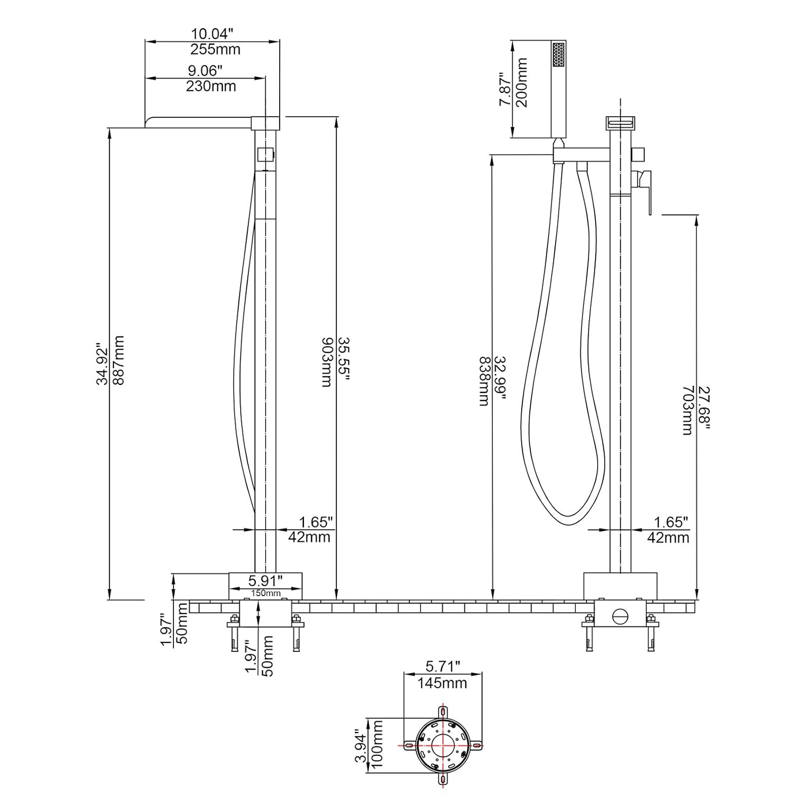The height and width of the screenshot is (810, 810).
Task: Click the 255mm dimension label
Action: [x=215, y=50]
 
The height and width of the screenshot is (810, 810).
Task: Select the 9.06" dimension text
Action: [x=205, y=71]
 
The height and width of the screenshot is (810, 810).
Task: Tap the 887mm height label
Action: [x=119, y=360]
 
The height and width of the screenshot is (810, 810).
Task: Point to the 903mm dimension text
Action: [x=328, y=362]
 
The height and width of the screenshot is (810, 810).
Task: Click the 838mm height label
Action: [x=484, y=381]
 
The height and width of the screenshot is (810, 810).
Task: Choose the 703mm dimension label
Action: [x=687, y=410]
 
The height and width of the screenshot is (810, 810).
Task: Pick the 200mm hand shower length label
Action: [x=522, y=83]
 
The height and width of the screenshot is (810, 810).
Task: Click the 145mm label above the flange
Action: [x=442, y=683]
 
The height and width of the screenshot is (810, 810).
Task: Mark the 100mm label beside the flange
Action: [x=377, y=745]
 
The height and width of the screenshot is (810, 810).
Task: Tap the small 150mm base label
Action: [x=265, y=593]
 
